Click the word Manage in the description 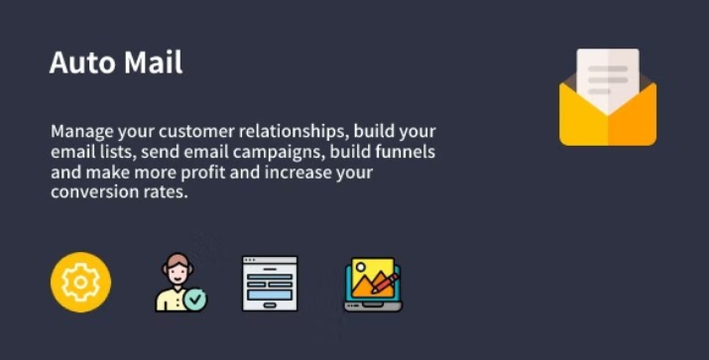pyautogui.click(x=79, y=132)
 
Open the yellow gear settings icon pyautogui.click(x=80, y=283)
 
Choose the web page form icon pyautogui.click(x=270, y=284)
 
